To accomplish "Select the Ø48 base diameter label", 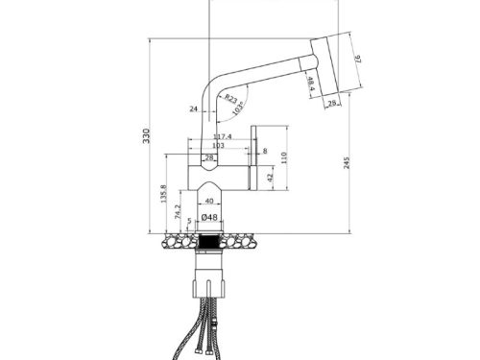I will pyautogui.click(x=210, y=218).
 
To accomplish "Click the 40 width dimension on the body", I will pyautogui.click(x=210, y=202).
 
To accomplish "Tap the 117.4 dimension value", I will pyautogui.click(x=222, y=137).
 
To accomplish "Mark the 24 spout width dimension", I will pyautogui.click(x=194, y=109).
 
